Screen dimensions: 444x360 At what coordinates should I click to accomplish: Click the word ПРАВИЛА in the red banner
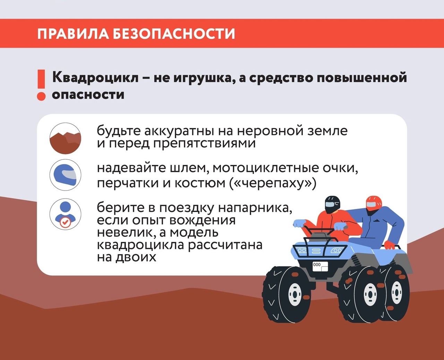(73, 33)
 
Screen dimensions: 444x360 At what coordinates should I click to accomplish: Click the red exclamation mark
(41, 85)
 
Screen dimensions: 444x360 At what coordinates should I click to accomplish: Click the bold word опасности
(88, 95)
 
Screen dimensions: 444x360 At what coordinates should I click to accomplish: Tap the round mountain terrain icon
(65, 138)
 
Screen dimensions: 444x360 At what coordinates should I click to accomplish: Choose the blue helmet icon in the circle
(65, 175)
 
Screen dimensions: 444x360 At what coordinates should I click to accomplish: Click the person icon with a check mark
(65, 214)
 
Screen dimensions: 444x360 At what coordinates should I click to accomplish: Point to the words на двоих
(127, 257)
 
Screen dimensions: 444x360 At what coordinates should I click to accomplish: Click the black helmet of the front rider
(332, 204)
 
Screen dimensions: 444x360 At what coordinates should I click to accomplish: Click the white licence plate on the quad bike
(320, 267)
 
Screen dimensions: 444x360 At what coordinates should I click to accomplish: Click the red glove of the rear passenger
(390, 245)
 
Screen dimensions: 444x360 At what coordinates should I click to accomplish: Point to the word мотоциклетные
(265, 168)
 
